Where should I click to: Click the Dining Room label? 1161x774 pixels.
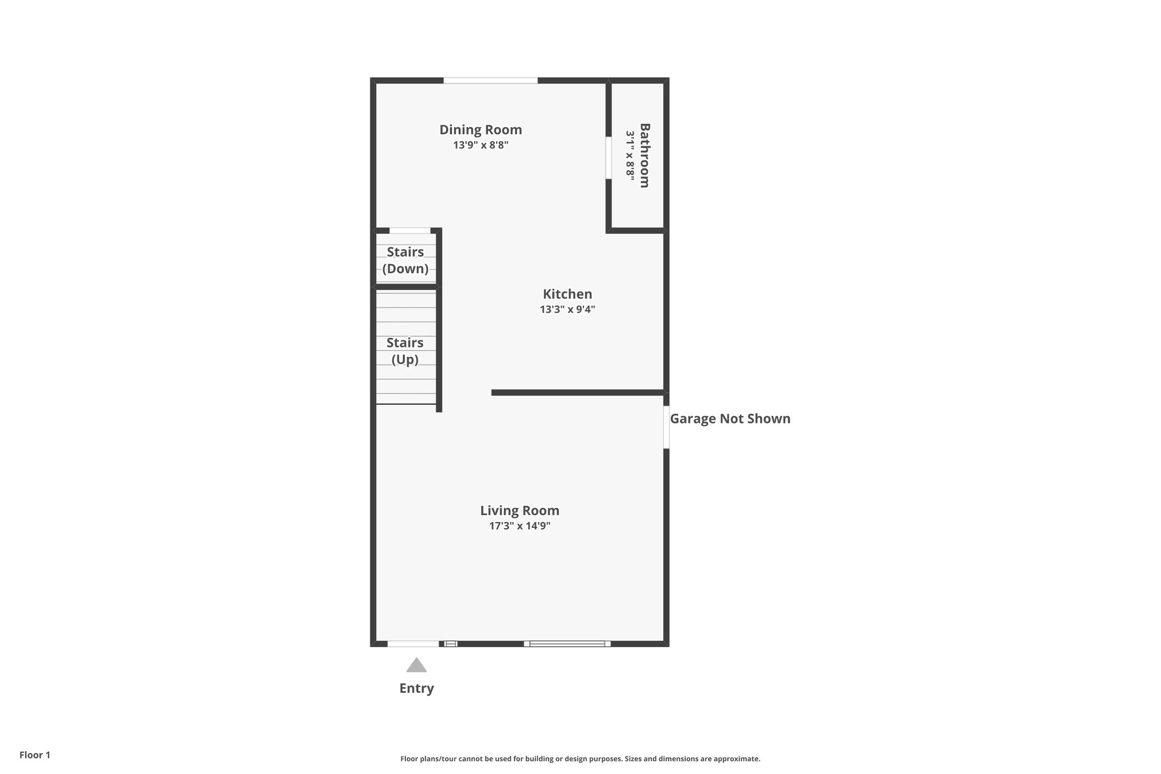click(x=480, y=130)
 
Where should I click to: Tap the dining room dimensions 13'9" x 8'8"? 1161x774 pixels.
click(x=480, y=145)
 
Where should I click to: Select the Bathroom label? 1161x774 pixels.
click(x=645, y=155)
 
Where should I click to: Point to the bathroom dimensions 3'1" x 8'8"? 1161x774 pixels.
click(x=630, y=155)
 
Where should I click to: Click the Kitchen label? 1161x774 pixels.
click(x=567, y=294)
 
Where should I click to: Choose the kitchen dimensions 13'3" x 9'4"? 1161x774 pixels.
click(x=567, y=310)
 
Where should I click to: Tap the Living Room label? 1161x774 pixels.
click(x=519, y=511)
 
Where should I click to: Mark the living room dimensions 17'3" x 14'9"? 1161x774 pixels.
click(x=519, y=526)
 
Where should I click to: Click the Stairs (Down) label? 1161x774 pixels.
click(x=405, y=260)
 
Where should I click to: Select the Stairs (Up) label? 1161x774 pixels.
click(x=405, y=351)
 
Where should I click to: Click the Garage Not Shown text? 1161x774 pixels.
click(x=730, y=419)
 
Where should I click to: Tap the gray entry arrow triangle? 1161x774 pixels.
click(x=416, y=666)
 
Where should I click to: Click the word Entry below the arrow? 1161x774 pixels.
click(x=416, y=688)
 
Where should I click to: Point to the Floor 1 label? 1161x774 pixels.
click(x=35, y=755)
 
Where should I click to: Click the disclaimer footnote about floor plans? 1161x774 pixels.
click(x=580, y=759)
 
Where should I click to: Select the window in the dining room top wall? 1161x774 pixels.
click(x=490, y=81)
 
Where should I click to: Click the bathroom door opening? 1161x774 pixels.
click(x=608, y=158)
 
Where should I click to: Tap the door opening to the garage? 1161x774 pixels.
click(x=666, y=427)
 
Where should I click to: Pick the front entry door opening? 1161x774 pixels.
click(x=413, y=644)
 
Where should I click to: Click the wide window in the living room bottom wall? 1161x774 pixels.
click(x=567, y=644)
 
